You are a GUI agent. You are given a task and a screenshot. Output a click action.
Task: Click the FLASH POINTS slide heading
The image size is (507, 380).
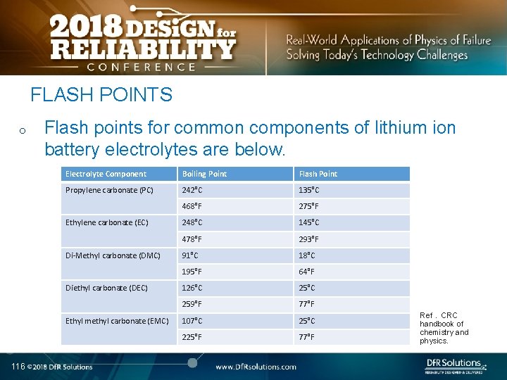(101, 94)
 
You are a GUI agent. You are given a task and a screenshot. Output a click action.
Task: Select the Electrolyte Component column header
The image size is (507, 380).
(106, 174)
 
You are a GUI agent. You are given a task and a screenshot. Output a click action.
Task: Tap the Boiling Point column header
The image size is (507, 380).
(204, 174)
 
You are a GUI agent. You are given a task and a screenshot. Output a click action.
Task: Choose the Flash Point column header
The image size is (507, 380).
(318, 174)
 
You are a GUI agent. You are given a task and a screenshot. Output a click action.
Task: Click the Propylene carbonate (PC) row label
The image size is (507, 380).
(109, 190)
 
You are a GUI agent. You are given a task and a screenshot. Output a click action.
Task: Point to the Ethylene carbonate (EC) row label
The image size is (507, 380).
(107, 222)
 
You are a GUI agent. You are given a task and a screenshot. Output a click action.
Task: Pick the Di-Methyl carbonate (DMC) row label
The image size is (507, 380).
(113, 255)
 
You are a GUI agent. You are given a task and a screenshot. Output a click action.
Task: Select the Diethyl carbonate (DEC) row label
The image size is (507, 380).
(106, 288)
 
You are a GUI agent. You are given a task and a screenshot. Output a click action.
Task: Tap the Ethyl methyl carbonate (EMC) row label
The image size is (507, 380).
(117, 321)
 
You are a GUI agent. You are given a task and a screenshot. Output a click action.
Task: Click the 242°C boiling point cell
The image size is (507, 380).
(192, 190)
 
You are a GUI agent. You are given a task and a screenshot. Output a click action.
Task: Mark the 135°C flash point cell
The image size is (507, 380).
(309, 190)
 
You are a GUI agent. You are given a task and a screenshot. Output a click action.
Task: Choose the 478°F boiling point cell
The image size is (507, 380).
(192, 239)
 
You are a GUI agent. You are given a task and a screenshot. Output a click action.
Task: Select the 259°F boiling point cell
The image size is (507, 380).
(192, 304)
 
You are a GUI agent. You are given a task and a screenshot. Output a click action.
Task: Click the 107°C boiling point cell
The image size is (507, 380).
(192, 321)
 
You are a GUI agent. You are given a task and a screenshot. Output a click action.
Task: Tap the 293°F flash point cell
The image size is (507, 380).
(308, 239)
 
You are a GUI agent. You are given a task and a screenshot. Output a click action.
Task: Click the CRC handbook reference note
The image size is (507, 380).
(444, 328)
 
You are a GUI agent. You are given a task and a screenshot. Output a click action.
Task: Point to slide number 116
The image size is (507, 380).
(18, 366)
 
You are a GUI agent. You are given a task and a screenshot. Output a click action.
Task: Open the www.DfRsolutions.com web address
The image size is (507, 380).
(256, 367)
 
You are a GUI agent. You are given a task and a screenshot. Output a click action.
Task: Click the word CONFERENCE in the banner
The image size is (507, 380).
(142, 67)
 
